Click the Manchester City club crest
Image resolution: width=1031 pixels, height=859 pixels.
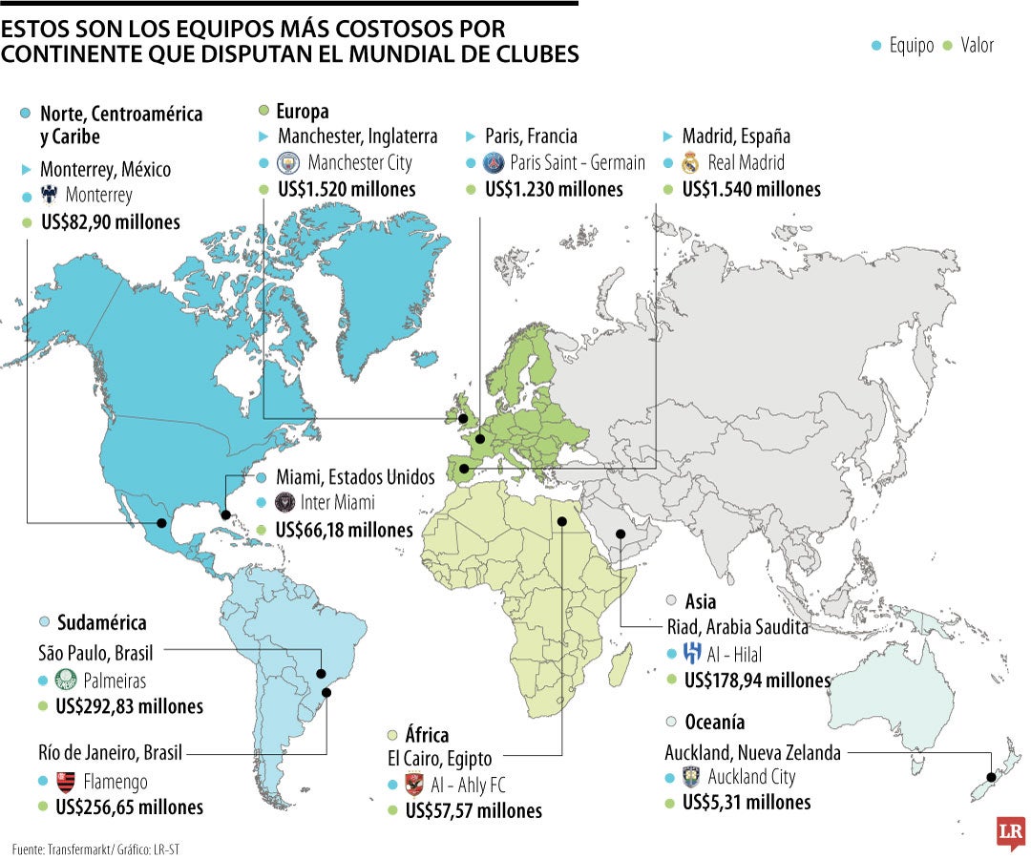click(288, 163)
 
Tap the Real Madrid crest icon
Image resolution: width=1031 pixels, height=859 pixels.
click(691, 163)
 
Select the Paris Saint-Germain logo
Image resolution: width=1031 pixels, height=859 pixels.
click(494, 163)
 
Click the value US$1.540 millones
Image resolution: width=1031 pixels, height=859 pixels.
click(751, 189)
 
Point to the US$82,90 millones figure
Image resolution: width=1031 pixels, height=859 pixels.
click(110, 223)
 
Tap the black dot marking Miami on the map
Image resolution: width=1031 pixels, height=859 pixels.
click(226, 514)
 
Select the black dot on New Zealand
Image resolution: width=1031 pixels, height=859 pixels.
click(991, 778)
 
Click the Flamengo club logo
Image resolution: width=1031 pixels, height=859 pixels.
click(66, 782)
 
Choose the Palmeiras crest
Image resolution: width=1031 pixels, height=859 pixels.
click(66, 681)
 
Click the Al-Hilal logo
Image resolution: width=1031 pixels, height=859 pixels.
click(693, 655)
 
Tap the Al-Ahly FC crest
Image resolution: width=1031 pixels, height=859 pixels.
click(414, 786)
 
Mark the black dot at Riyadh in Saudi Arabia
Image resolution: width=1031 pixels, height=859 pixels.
click(620, 534)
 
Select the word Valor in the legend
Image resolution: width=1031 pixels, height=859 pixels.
click(977, 45)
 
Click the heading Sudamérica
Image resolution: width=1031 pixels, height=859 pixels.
click(102, 623)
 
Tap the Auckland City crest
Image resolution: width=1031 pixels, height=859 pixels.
click(692, 777)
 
